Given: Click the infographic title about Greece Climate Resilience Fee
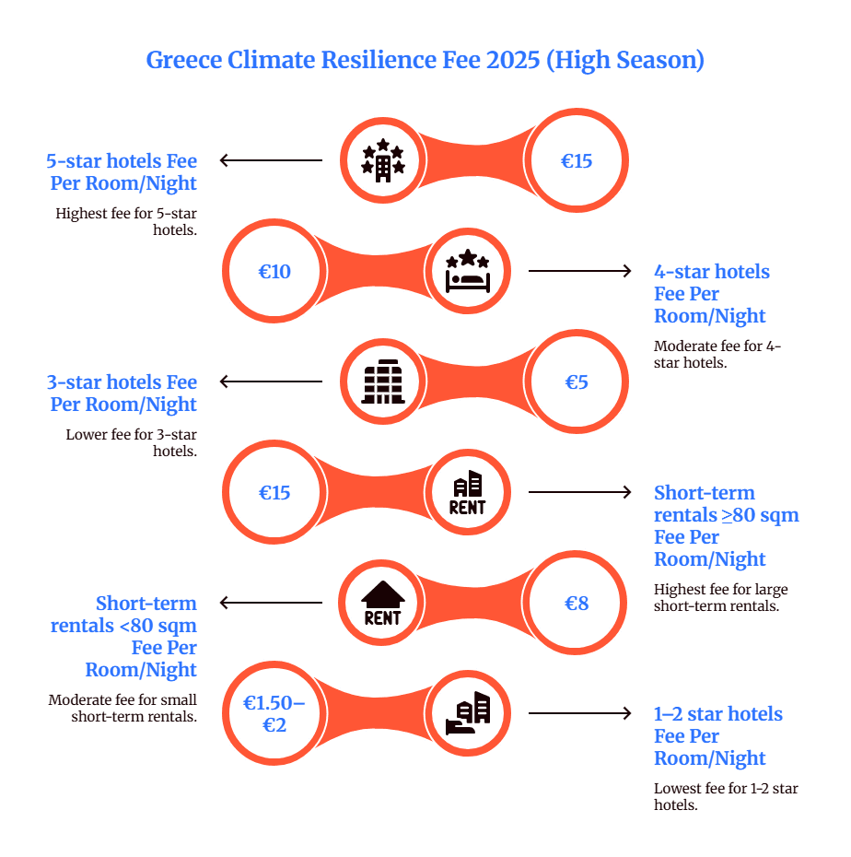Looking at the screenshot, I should (425, 61).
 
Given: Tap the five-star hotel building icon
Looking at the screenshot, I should (382, 161).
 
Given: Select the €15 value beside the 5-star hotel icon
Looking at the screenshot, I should (577, 161).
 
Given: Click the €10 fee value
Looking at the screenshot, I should (274, 272).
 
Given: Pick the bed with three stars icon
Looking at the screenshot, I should (467, 271).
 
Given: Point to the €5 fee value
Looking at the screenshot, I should (577, 382).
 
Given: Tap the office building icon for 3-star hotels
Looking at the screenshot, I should (382, 382).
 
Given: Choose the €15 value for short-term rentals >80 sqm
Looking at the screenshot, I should (274, 493).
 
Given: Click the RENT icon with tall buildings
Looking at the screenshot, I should (467, 493).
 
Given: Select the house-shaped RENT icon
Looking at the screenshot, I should (382, 604).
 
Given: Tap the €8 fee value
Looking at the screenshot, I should (577, 604).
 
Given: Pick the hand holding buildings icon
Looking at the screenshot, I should (467, 713).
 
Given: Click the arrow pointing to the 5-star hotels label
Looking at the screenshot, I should (271, 161).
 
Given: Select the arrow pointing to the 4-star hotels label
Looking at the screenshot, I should (579, 271).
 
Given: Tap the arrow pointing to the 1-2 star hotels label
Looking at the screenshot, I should (579, 713).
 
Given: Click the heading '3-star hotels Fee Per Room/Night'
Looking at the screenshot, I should (122, 393).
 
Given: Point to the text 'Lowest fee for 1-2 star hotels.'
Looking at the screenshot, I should (726, 796).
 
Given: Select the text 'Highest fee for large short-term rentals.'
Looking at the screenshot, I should (720, 597).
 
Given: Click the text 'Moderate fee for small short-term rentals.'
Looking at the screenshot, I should (122, 708).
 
